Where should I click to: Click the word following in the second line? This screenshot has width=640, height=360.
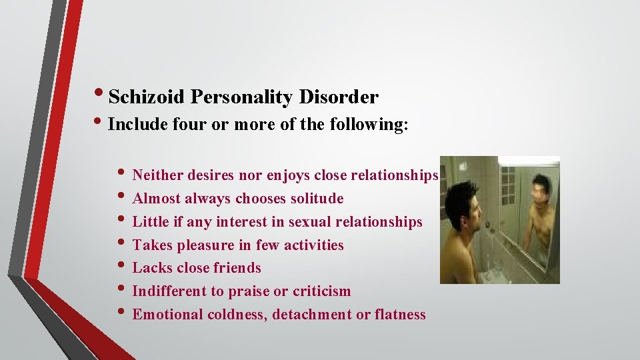pyautogui.click(x=372, y=125)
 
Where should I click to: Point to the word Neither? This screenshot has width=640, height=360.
pyautogui.click(x=158, y=175)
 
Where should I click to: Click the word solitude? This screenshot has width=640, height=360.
pyautogui.click(x=317, y=199)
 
